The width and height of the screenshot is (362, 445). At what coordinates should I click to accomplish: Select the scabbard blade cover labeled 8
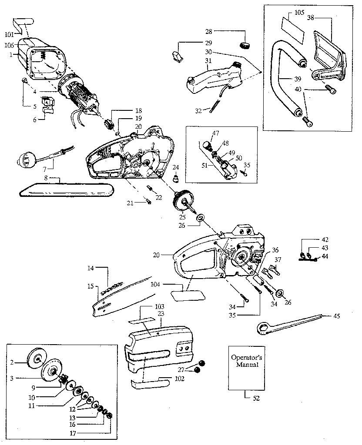(65, 190)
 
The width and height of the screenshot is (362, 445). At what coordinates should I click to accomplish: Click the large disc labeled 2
(36, 357)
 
